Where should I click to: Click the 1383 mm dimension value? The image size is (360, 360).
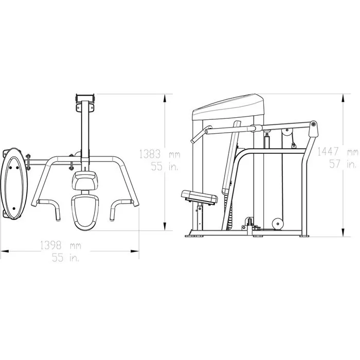point(159,154)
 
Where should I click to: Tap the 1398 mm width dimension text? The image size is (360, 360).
point(61,245)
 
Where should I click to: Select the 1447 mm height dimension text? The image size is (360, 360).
point(338,152)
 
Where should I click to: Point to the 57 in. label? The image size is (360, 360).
point(343,164)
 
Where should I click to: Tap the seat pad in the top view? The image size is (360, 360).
point(85,212)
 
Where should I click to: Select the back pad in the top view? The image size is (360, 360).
point(85,181)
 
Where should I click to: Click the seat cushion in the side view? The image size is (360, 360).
point(200,196)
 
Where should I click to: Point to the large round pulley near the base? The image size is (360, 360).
point(278,223)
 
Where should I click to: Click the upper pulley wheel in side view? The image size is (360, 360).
point(287,133)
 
